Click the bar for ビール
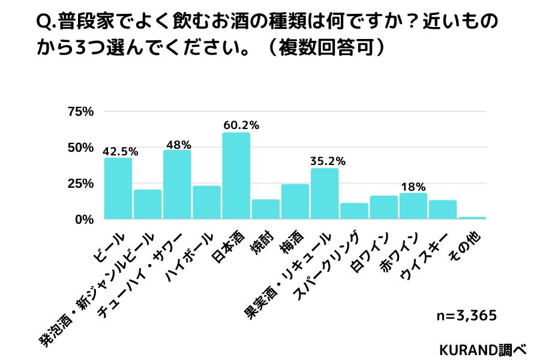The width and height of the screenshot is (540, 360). click(x=118, y=188)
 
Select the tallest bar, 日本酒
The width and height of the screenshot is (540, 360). click(x=236, y=176)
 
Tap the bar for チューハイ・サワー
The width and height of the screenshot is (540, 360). click(x=177, y=184)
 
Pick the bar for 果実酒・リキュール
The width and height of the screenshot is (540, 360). click(x=325, y=193)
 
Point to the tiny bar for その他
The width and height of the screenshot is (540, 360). click(x=472, y=218)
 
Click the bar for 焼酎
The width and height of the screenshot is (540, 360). click(x=265, y=209)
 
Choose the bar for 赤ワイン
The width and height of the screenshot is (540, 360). click(x=413, y=206)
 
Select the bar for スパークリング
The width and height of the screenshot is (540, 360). click(x=354, y=211)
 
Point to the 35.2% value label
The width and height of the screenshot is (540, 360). click(x=328, y=161)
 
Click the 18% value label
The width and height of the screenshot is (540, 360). click(x=413, y=187)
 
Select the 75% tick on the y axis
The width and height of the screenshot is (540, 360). click(x=82, y=112)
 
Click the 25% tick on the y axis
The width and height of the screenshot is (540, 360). click(x=82, y=184)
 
